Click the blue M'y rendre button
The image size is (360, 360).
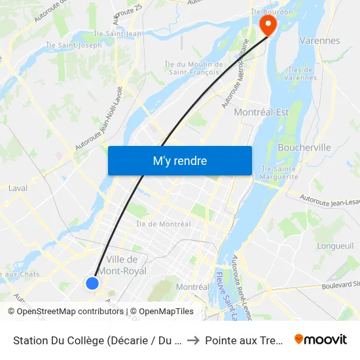coord(179,160)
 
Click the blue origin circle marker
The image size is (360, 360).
coord(92,283)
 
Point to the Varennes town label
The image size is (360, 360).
coord(319,41)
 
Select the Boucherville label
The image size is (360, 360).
coord(304,147)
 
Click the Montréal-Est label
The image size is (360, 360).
coord(261,112)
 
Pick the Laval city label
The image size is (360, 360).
coord(18,188)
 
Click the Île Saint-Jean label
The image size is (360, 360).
coord(117,33)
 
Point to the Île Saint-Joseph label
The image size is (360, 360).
coord(74,45)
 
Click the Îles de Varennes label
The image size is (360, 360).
coord(302,74)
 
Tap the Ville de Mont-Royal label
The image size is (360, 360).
coord(126,265)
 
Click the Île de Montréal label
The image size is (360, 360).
coord(163,224)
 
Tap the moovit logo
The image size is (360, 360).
coord(321,339)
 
